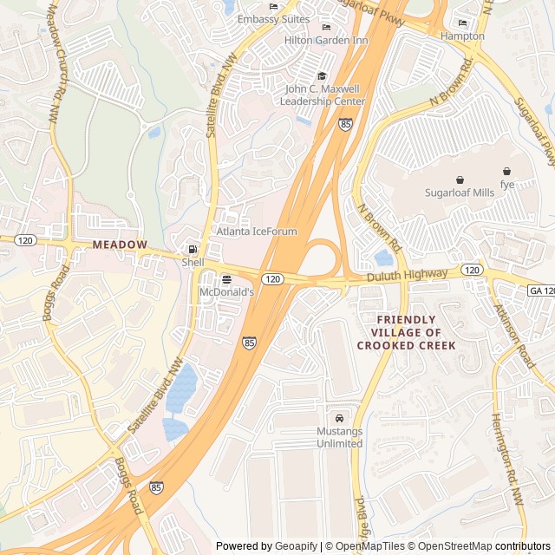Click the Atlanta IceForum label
256,232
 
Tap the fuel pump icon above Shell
193,250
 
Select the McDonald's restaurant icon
226,279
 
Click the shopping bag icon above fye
507,171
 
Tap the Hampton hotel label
462,36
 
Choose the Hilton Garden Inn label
326,40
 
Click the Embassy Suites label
273,19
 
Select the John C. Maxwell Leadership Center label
323,95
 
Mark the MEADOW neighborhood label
121,245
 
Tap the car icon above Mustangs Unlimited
339,417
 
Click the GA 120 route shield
540,291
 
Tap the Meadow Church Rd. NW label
54,62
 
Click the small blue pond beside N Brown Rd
383,258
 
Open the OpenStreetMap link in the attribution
451,546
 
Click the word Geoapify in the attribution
297,546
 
